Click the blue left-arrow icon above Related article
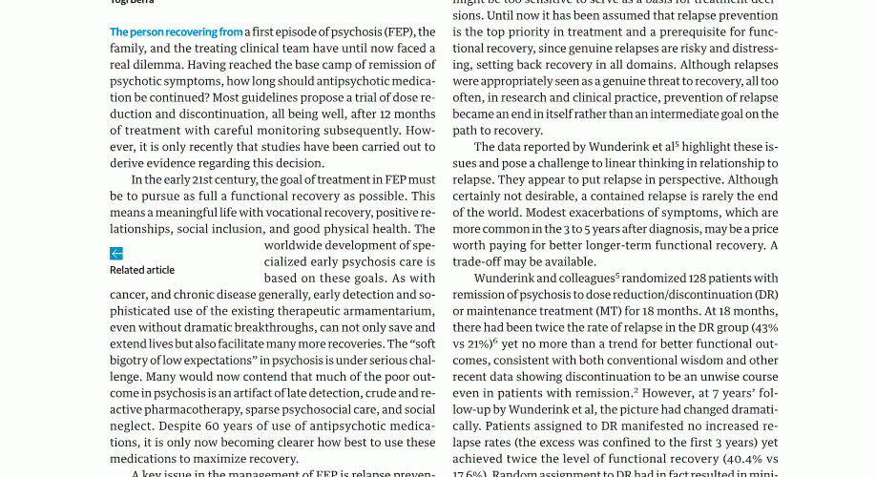click(x=116, y=254)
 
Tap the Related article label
click(x=142, y=270)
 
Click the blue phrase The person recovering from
click(x=177, y=32)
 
